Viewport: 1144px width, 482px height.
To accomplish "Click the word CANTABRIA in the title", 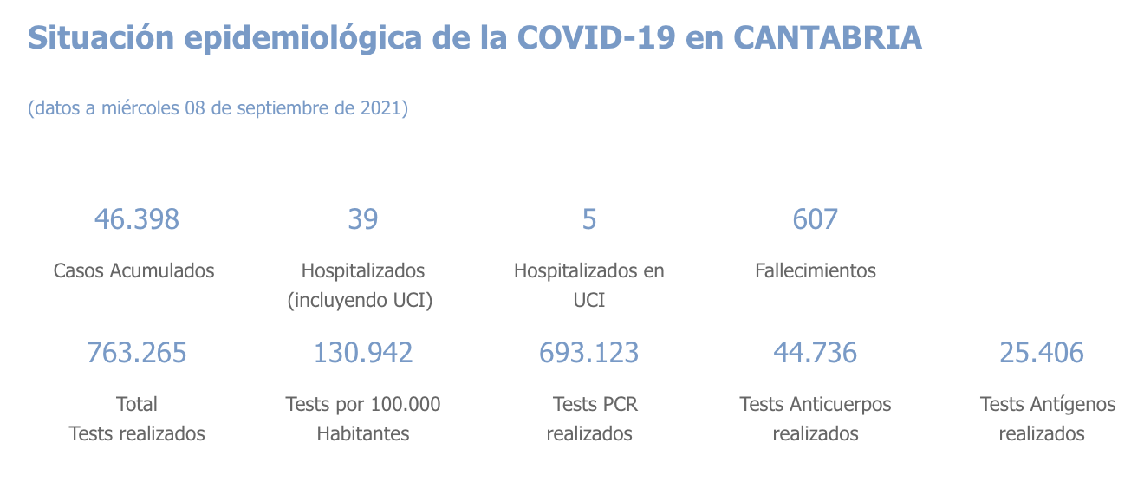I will [x=828, y=38].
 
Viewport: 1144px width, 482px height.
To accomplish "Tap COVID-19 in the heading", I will [x=595, y=38].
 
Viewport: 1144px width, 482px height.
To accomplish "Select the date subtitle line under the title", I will [x=218, y=108].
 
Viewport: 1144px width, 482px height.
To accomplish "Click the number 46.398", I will [x=136, y=219].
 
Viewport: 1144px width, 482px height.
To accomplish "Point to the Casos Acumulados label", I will [x=133, y=270].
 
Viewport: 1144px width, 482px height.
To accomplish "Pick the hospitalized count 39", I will [x=362, y=219].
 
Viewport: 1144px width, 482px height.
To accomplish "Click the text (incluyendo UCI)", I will [x=360, y=301].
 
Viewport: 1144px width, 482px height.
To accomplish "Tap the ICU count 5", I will [x=589, y=219].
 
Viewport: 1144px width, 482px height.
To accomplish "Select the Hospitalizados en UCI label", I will [x=589, y=285].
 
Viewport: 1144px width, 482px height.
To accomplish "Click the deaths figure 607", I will [x=816, y=219].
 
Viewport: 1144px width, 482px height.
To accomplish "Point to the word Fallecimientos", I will [x=816, y=270].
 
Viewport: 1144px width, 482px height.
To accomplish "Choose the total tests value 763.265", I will [x=136, y=353].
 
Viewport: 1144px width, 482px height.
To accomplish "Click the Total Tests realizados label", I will [x=137, y=419].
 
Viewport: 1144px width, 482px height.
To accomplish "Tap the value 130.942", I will [x=362, y=353].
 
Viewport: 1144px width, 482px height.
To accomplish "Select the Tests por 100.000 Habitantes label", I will [x=362, y=419].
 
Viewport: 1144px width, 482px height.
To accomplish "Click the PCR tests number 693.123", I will [x=589, y=353].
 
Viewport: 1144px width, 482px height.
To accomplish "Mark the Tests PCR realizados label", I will [x=590, y=419].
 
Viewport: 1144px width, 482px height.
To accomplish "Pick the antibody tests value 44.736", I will [x=816, y=353].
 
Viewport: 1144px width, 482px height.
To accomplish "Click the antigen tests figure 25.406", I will [x=1042, y=353].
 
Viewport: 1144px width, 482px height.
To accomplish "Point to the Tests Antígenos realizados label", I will [x=1047, y=419].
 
